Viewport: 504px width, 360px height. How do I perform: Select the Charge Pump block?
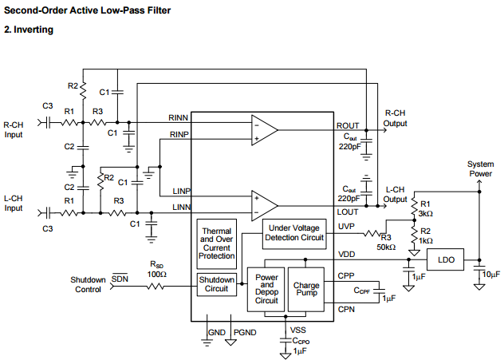[x=306, y=289]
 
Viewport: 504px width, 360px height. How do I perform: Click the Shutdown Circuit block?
[x=217, y=284]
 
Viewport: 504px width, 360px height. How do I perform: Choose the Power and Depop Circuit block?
[x=266, y=289]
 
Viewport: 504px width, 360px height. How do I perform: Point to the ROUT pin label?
[x=348, y=125]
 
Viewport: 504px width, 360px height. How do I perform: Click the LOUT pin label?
[x=348, y=212]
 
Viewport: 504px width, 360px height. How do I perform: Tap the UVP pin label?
[x=346, y=227]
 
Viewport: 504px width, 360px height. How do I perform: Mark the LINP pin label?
[x=183, y=191]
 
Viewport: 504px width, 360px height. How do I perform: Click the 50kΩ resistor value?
[x=386, y=247]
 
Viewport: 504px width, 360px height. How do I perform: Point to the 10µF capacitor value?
[x=491, y=275]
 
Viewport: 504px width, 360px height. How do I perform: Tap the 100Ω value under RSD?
[x=157, y=275]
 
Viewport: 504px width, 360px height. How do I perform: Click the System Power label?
[x=479, y=168]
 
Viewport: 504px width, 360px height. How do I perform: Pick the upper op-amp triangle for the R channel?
[x=264, y=129]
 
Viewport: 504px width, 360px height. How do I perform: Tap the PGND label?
[x=244, y=331]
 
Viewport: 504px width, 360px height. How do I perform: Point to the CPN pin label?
[x=346, y=309]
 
